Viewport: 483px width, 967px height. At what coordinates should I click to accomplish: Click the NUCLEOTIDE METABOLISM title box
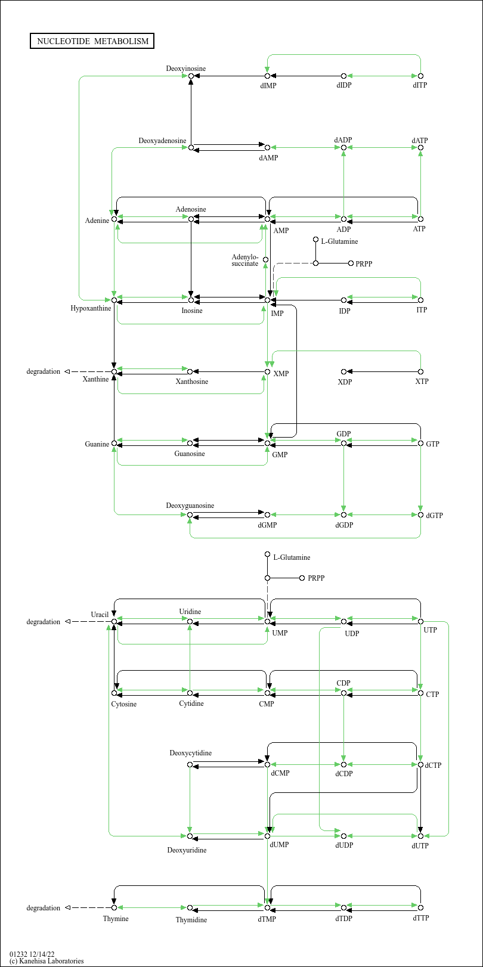(x=92, y=41)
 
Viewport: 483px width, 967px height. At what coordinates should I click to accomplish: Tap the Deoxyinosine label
(x=185, y=69)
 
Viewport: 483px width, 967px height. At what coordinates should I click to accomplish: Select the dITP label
(x=420, y=85)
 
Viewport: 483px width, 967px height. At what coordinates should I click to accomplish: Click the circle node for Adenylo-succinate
(x=265, y=260)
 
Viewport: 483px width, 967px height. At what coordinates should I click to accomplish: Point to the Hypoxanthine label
(x=91, y=308)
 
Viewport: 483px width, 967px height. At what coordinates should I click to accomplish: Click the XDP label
(x=345, y=382)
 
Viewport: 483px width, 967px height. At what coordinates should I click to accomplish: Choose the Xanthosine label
(x=191, y=382)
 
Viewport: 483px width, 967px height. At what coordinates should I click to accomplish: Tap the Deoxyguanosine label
(x=190, y=506)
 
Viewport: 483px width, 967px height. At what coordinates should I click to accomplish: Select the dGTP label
(x=434, y=516)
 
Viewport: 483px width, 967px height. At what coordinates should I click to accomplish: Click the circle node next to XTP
(x=420, y=371)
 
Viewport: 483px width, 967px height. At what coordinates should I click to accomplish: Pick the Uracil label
(x=99, y=615)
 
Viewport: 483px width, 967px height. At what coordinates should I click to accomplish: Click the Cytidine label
(x=191, y=703)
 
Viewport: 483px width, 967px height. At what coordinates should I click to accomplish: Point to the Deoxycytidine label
(x=190, y=753)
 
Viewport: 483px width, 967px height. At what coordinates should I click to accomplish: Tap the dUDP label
(x=344, y=845)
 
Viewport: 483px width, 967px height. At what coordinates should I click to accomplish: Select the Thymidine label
(x=191, y=920)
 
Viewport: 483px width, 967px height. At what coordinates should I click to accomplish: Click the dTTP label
(x=420, y=918)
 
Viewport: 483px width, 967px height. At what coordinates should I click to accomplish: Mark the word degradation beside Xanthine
(x=43, y=371)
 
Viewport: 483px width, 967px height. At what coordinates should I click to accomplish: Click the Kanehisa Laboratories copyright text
(x=47, y=961)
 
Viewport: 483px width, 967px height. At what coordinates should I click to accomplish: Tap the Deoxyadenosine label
(x=162, y=141)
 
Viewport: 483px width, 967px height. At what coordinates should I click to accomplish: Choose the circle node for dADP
(x=343, y=148)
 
